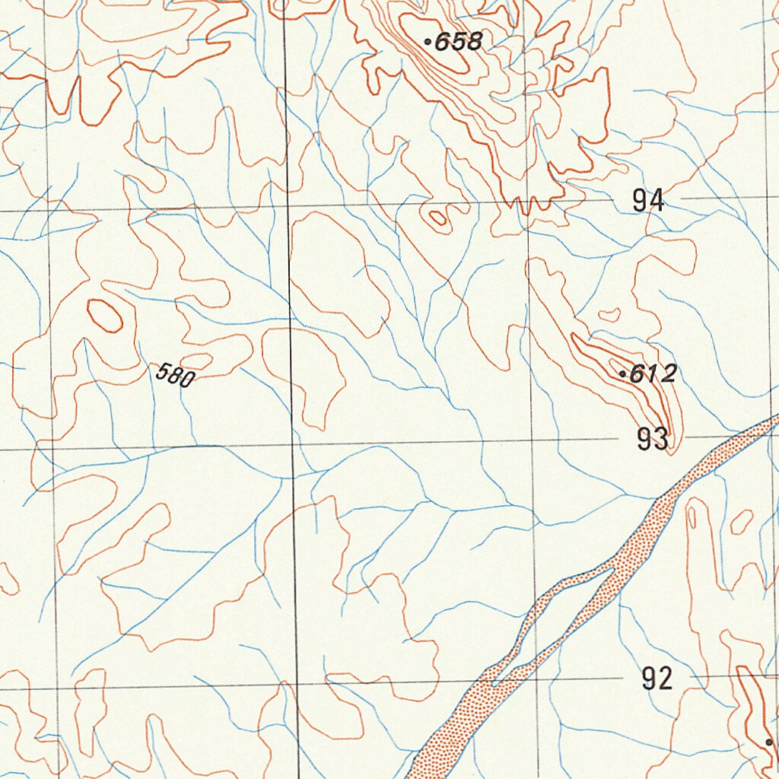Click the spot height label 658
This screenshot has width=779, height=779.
click(x=458, y=42)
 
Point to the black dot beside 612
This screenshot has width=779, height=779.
click(x=623, y=374)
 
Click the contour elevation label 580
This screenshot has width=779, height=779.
click(x=175, y=374)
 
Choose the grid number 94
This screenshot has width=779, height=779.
click(x=648, y=201)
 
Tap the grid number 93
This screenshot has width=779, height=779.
click(x=653, y=439)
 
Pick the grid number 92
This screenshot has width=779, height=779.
click(x=657, y=678)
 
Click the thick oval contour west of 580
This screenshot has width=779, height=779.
click(x=105, y=315)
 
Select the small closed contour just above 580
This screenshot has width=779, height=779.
click(x=196, y=360)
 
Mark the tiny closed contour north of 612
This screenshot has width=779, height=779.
click(x=609, y=314)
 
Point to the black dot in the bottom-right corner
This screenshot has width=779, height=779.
click(x=769, y=742)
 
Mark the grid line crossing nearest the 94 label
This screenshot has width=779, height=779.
click(x=529, y=203)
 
